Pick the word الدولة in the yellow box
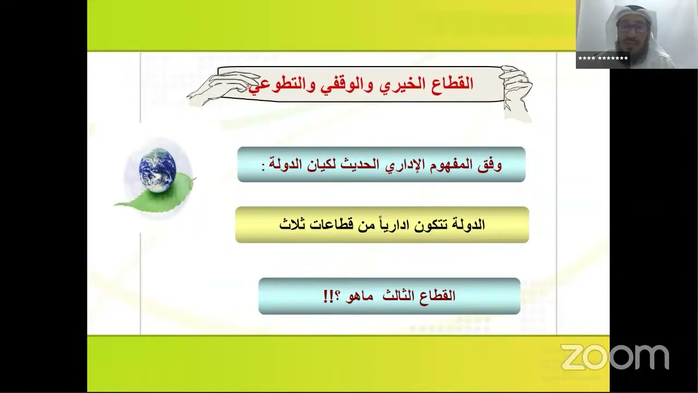pyautogui.click(x=467, y=224)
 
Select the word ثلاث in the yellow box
pyautogui.click(x=292, y=224)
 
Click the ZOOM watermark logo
pyautogui.click(x=615, y=358)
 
